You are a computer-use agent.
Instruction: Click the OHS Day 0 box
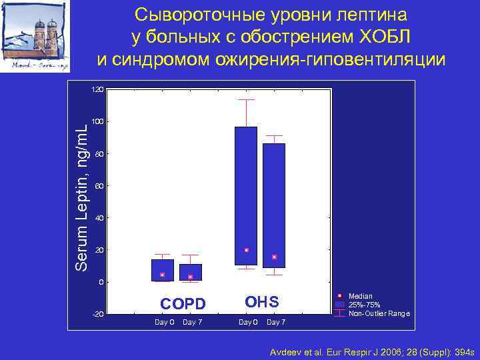click(x=246, y=193)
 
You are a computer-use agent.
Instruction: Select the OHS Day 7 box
click(x=274, y=200)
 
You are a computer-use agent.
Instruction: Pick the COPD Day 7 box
click(x=190, y=271)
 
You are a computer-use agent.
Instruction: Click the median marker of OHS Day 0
click(x=246, y=250)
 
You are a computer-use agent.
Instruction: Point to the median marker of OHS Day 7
click(x=274, y=257)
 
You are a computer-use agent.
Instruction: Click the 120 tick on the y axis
click(x=97, y=89)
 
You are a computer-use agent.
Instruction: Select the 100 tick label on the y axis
click(x=97, y=121)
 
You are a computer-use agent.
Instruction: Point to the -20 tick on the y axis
click(x=97, y=314)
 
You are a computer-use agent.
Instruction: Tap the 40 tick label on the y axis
click(x=99, y=218)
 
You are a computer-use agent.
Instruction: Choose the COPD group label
click(x=183, y=304)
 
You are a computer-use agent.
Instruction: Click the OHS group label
click(x=262, y=302)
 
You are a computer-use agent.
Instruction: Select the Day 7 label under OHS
click(x=276, y=323)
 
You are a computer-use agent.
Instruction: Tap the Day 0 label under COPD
click(x=164, y=323)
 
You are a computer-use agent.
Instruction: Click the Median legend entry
click(x=361, y=295)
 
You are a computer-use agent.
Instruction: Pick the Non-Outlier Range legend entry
click(x=379, y=313)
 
